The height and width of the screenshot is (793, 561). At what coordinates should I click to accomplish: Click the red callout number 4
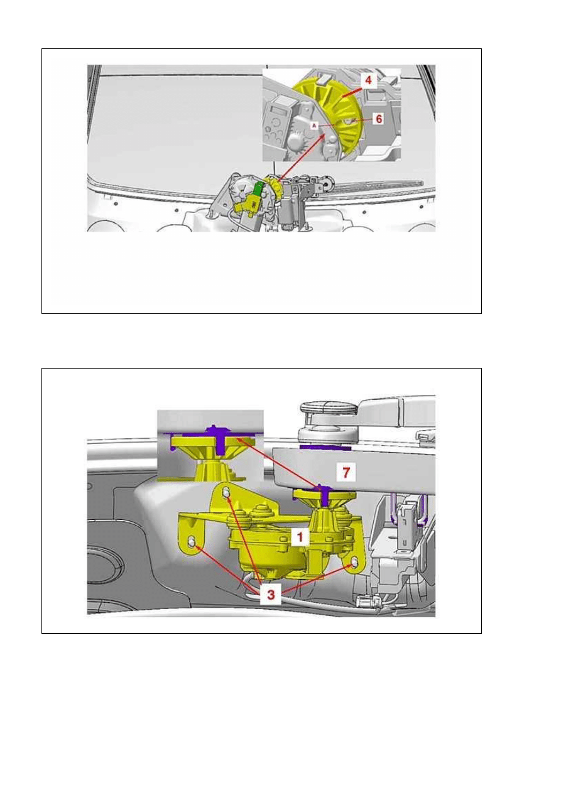368,80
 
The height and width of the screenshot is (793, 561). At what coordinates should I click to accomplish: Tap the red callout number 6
379,119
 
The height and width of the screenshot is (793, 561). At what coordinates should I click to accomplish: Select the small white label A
314,126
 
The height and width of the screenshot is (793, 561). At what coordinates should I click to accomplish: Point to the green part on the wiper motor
259,189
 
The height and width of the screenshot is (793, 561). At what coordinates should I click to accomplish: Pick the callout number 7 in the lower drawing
346,472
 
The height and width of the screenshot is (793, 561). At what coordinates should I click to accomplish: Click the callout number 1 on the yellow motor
300,537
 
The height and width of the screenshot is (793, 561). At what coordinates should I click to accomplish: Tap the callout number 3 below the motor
271,594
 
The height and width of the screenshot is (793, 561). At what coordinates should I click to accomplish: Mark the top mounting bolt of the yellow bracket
226,492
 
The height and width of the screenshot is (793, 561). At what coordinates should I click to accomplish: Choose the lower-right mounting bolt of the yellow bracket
354,561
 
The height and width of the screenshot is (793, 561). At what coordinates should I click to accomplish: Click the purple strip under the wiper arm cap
325,447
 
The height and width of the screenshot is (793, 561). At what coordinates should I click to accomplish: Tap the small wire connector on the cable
366,601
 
